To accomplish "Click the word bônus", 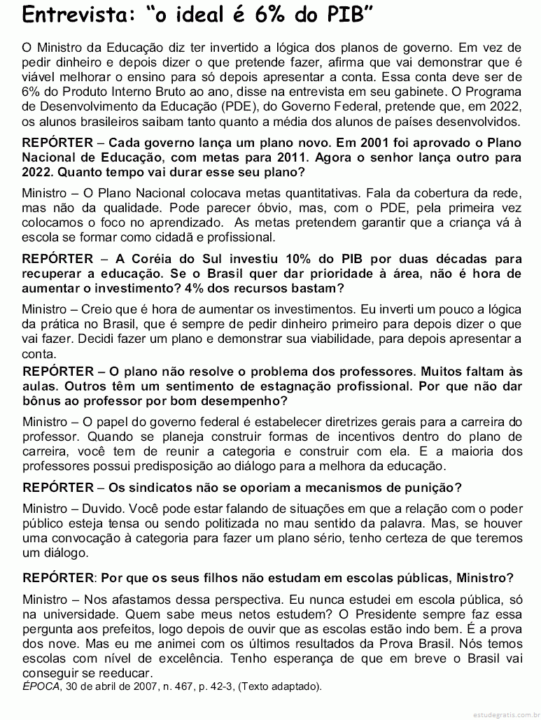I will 41,401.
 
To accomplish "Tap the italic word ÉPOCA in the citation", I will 41,687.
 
